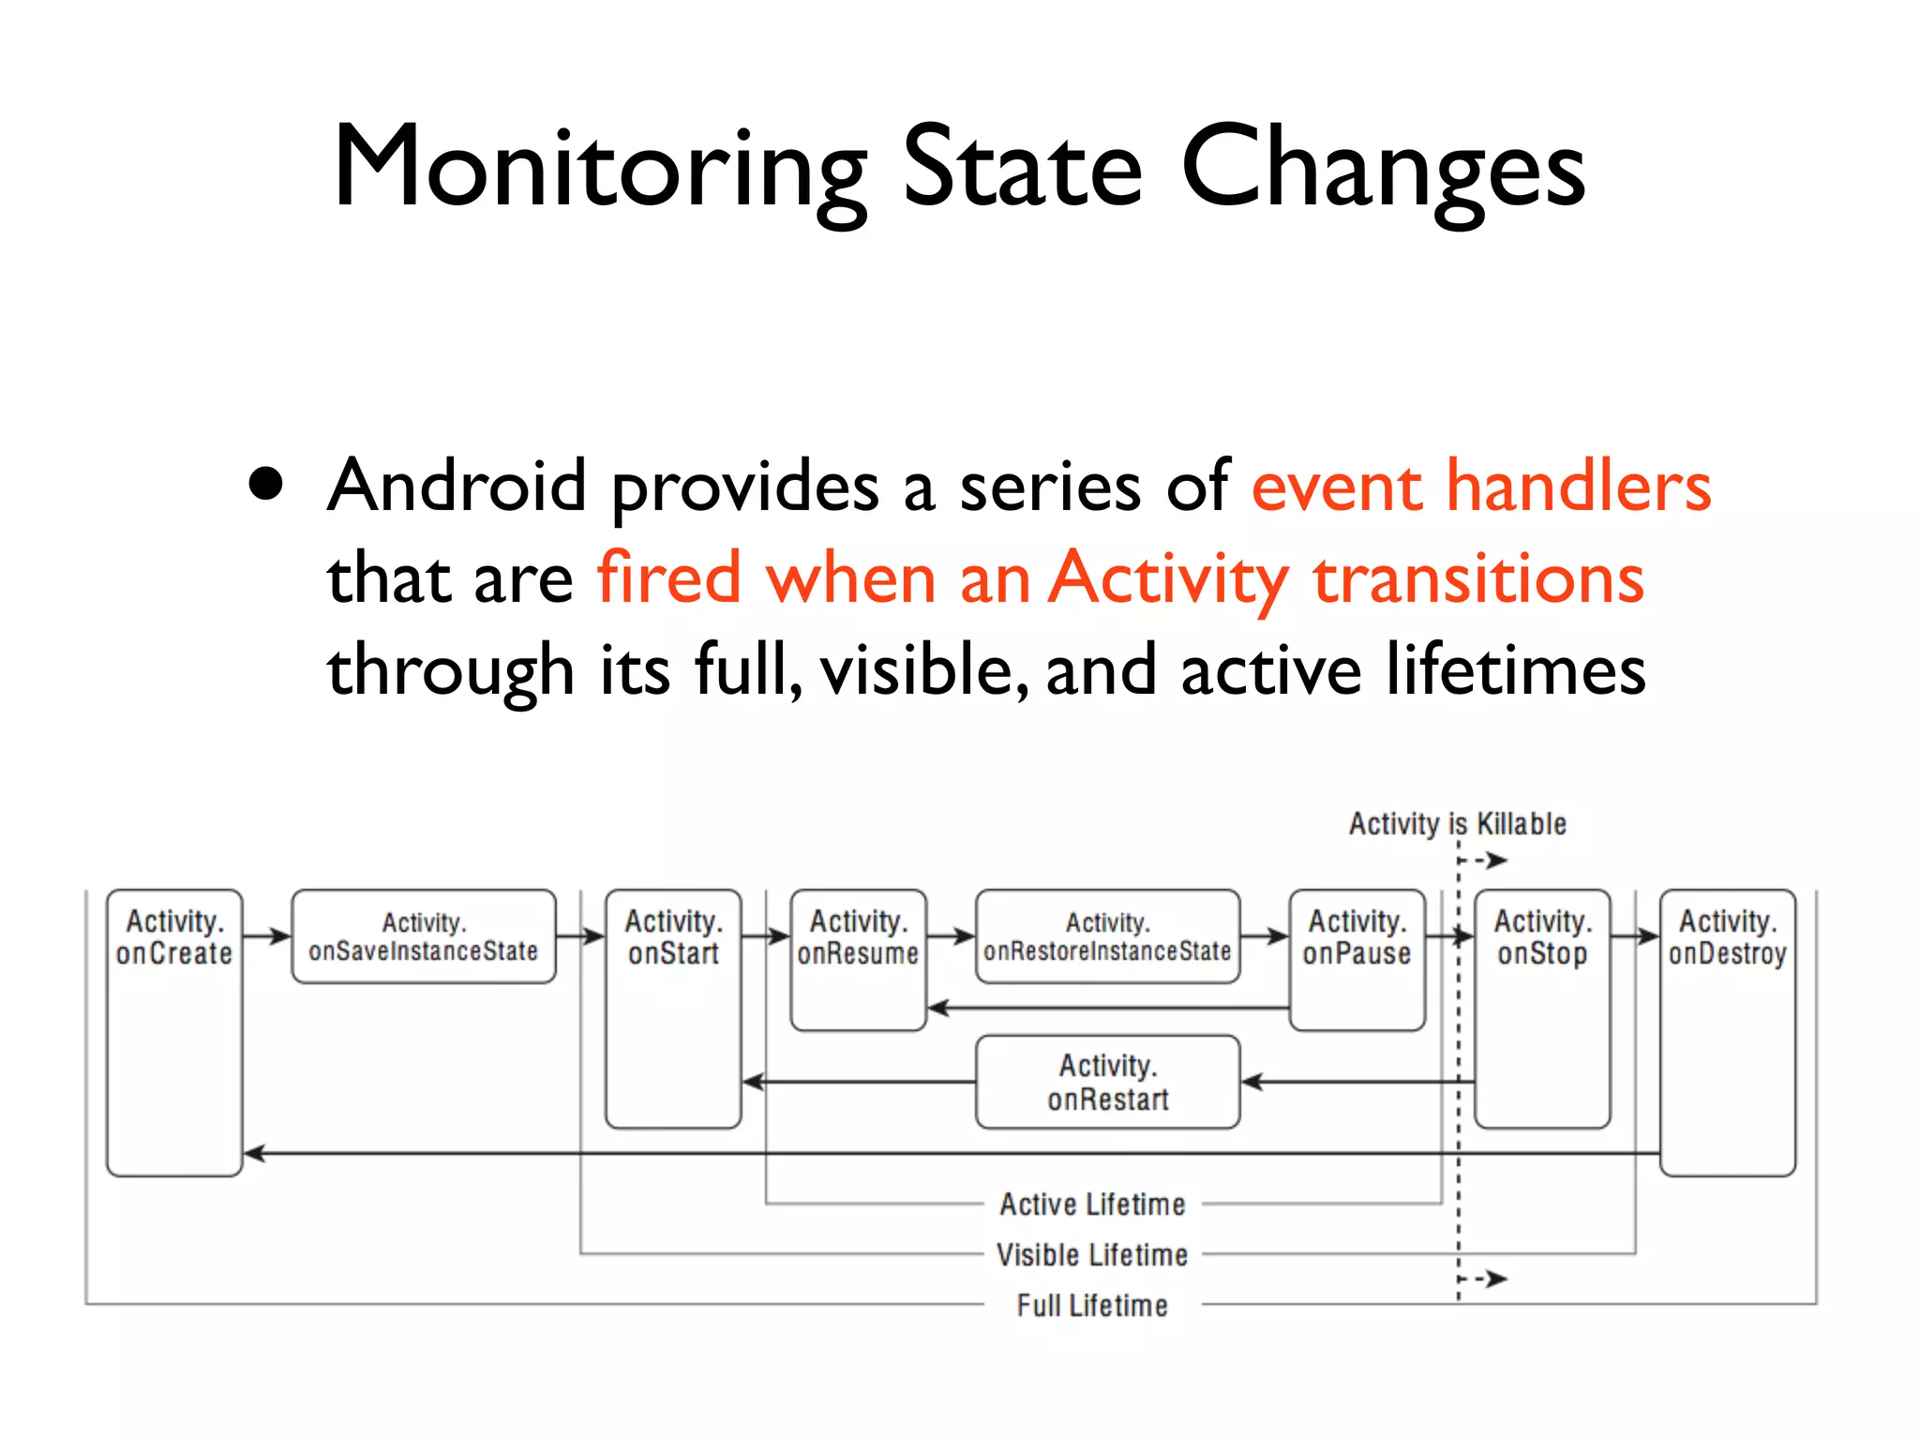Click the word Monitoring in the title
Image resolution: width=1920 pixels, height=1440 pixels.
[x=600, y=169]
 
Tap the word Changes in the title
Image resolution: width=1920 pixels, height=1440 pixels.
[x=1383, y=169]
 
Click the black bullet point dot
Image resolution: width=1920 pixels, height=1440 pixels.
[x=266, y=485]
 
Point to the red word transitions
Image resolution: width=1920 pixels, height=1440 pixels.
[x=1478, y=578]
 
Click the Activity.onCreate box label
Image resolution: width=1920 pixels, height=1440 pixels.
[x=174, y=937]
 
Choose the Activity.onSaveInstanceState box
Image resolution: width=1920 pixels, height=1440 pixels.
[x=424, y=937]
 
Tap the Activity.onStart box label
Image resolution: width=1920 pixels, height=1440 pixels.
[x=673, y=937]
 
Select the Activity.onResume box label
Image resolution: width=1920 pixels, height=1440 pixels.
[x=858, y=937]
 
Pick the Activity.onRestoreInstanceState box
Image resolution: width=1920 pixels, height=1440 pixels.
[x=1107, y=937]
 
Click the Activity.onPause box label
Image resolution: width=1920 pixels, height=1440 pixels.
[x=1357, y=937]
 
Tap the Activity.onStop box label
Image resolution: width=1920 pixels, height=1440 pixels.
[x=1542, y=937]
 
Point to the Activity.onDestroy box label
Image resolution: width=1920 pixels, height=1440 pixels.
[x=1727, y=937]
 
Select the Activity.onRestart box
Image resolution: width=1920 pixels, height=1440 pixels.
[x=1107, y=1082]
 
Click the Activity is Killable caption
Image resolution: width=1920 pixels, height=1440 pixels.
[x=1457, y=824]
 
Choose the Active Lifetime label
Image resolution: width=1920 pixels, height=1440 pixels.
[x=1092, y=1204]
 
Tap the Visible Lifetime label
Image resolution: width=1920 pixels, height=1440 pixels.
[x=1092, y=1254]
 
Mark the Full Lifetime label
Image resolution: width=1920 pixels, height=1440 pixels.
[x=1092, y=1305]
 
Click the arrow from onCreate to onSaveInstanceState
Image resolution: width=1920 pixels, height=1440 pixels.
[x=267, y=936]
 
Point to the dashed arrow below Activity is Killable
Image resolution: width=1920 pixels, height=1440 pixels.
[x=1485, y=860]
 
